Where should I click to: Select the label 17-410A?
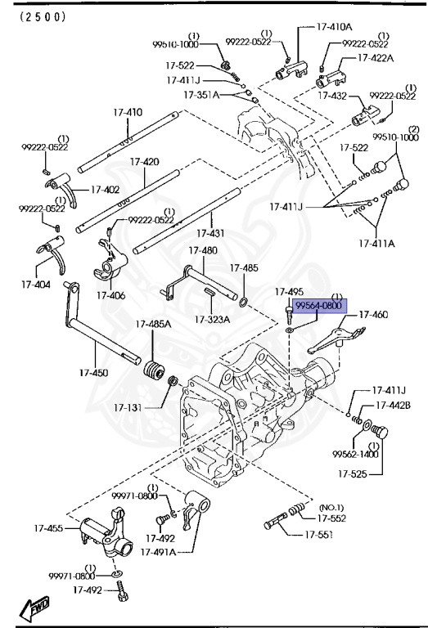[x=335, y=27]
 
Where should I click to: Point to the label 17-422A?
[x=376, y=58]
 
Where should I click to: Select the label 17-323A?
[x=212, y=319]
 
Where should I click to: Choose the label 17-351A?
[x=201, y=96]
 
